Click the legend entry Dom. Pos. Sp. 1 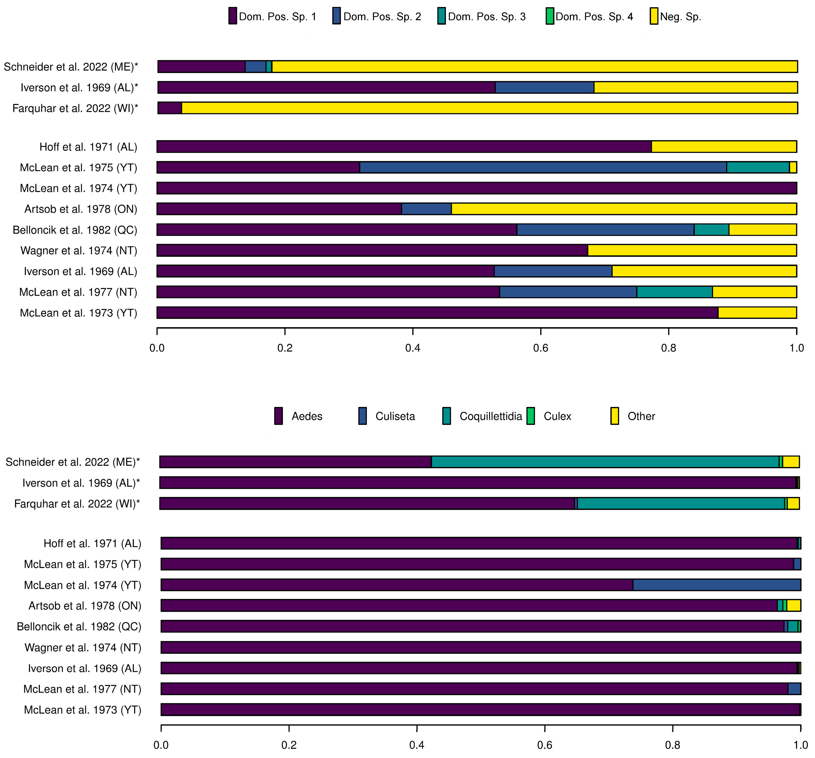273,17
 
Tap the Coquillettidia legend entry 490,416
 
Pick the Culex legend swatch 530,416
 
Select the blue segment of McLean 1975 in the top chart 543,168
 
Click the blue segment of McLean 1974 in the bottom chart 716,585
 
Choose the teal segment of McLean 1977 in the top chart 674,292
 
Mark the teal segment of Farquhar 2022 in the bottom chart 681,503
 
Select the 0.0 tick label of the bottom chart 161,745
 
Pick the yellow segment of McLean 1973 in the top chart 757,313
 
